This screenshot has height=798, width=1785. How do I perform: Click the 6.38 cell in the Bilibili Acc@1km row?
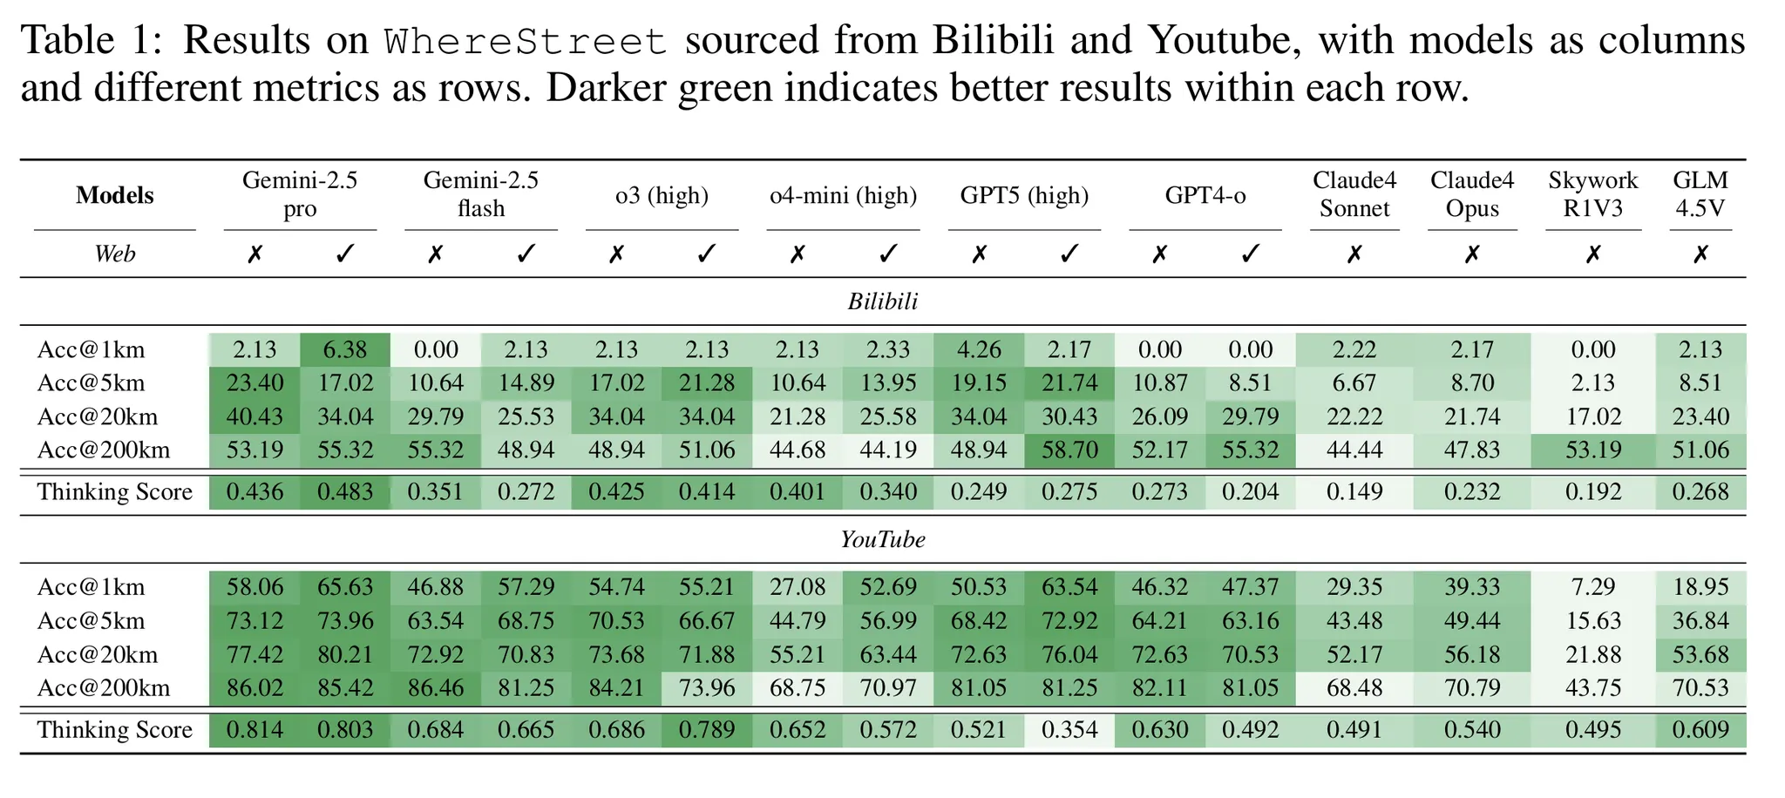[x=345, y=349]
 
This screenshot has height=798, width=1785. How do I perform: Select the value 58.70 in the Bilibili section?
[x=1069, y=450]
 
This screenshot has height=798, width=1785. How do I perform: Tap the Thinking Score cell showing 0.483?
[x=345, y=492]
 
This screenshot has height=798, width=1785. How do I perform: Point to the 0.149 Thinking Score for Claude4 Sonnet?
[x=1354, y=492]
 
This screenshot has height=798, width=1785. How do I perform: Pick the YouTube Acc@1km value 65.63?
[x=345, y=587]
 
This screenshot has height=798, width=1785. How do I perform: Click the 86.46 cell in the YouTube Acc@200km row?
[x=436, y=688]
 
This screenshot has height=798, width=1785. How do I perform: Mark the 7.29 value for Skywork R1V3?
[x=1593, y=587]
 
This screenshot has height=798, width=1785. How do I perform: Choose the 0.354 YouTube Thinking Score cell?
[x=1069, y=730]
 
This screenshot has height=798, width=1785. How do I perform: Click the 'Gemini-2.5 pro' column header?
[x=300, y=194]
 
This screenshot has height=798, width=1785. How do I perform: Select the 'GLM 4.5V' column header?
[x=1700, y=194]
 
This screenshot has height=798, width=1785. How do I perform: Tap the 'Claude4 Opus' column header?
[x=1472, y=194]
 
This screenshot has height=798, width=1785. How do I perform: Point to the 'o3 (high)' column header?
[x=662, y=195]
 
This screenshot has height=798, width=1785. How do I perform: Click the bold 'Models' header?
[x=114, y=195]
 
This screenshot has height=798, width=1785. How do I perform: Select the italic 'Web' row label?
[x=114, y=254]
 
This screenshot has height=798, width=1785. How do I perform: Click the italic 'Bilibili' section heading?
[x=883, y=301]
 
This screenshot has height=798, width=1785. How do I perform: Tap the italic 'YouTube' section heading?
[x=883, y=540]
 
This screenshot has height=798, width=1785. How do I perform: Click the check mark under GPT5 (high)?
[x=1069, y=254]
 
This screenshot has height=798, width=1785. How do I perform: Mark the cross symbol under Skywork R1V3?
[x=1593, y=254]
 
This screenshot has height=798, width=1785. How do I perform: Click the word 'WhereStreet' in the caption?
[x=526, y=41]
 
